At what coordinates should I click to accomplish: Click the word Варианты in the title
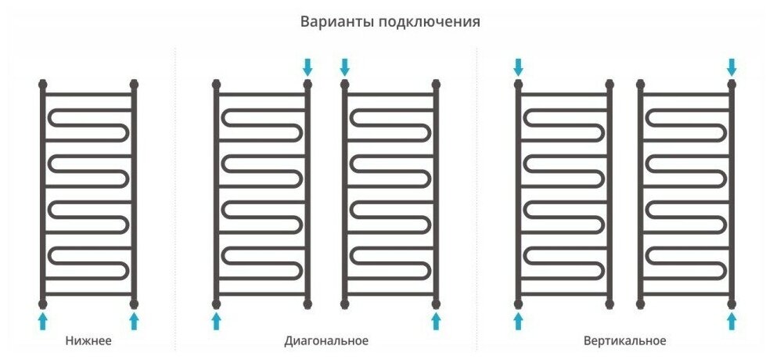coord(337,22)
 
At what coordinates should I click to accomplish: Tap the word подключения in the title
coord(429,22)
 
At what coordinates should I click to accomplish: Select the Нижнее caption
coord(88,341)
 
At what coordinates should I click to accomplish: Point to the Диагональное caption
coord(326,341)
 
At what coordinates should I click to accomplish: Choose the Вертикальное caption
coord(624,341)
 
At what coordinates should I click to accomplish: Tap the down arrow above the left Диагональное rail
coord(307,66)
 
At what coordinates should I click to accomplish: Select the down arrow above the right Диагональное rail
coord(344,66)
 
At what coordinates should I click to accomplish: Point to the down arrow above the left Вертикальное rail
coord(518,66)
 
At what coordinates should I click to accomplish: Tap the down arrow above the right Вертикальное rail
coord(732,66)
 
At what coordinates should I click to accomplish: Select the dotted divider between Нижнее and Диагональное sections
coord(174,196)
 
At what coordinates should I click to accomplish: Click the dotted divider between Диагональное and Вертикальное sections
coord(477,196)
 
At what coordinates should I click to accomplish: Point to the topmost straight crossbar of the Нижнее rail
coord(88,94)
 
